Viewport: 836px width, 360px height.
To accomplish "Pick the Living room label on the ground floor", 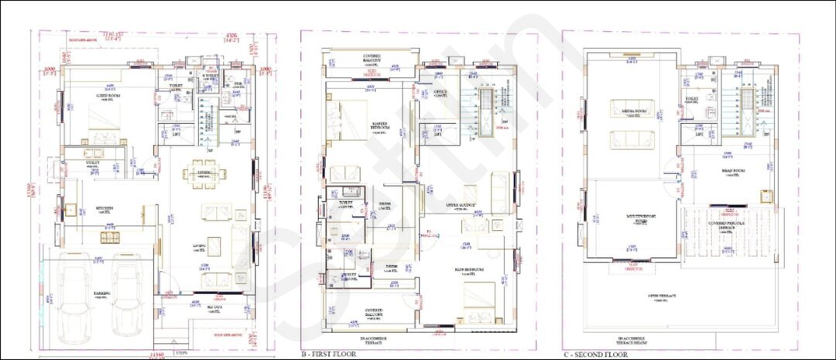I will tap(199, 246).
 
